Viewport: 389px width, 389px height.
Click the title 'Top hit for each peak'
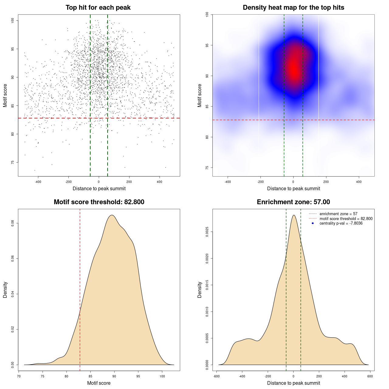pyautogui.click(x=98, y=8)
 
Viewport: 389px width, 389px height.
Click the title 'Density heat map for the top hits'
pyautogui.click(x=293, y=8)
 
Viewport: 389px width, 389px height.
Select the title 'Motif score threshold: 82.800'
pyautogui.click(x=99, y=202)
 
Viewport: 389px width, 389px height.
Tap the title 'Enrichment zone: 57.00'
pyautogui.click(x=293, y=202)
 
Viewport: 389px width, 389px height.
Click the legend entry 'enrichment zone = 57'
pyautogui.click(x=338, y=214)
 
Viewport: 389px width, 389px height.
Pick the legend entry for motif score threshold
pyautogui.click(x=346, y=219)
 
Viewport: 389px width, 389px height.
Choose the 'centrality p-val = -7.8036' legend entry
pyautogui.click(x=341, y=223)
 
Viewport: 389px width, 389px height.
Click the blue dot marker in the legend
pyautogui.click(x=313, y=223)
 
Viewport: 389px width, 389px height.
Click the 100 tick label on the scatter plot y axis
pyautogui.click(x=13, y=20)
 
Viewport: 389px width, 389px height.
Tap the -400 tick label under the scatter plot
pyautogui.click(x=38, y=182)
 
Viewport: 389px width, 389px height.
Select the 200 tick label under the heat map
pyautogui.click(x=326, y=182)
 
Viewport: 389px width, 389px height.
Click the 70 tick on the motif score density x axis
pyautogui.click(x=19, y=376)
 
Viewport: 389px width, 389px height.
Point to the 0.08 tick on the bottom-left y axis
pyautogui.click(x=13, y=223)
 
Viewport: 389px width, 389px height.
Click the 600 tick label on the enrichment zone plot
pyautogui.click(x=370, y=376)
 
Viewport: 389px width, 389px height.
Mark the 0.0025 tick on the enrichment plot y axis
pyautogui.click(x=207, y=232)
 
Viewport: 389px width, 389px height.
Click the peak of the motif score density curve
pyautogui.click(x=112, y=215)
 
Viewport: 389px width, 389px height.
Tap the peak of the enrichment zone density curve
pyautogui.click(x=294, y=215)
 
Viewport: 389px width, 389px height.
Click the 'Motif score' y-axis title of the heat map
pyautogui.click(x=200, y=95)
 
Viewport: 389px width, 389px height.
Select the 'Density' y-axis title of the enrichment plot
pyautogui.click(x=200, y=290)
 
